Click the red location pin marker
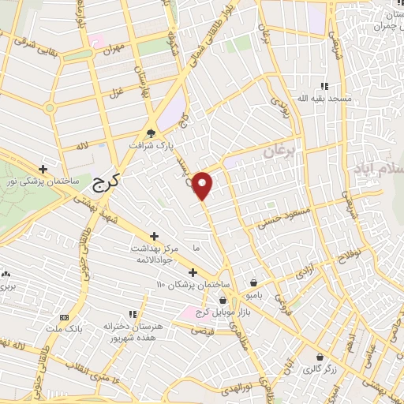click(203, 185)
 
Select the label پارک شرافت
click(151, 146)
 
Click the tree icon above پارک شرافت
click(151, 133)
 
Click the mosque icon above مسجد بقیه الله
click(323, 87)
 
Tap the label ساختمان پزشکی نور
click(43, 181)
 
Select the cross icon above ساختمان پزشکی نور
click(43, 169)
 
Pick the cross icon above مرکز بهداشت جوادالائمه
click(154, 236)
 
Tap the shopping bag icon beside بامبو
click(253, 282)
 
